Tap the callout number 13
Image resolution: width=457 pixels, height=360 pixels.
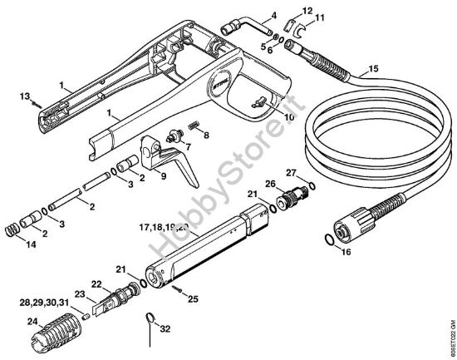click(25, 96)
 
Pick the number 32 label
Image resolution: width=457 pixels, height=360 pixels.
click(166, 328)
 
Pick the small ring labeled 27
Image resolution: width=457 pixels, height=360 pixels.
click(310, 185)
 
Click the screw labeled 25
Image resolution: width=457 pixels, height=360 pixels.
click(178, 288)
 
